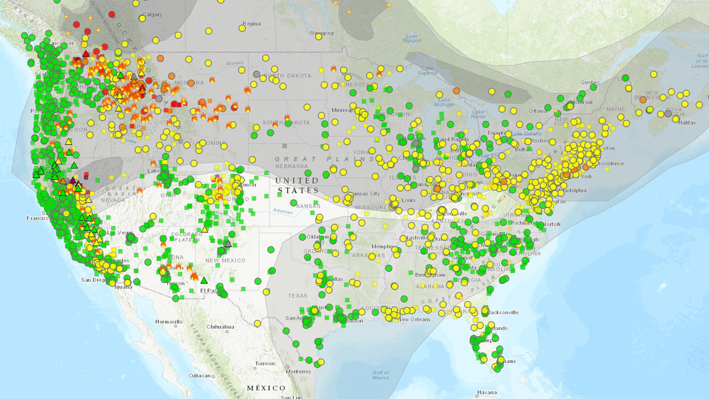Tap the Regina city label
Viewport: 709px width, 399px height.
pos(251,24)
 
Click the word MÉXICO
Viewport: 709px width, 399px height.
pos(266,388)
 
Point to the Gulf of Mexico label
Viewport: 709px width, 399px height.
pos(381,374)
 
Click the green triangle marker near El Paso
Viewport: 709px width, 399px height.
pos(204,280)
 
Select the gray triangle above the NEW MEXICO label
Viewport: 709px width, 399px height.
pos(228,243)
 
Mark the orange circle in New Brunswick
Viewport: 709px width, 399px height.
pos(642,100)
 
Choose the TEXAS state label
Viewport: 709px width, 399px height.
pos(297,295)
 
